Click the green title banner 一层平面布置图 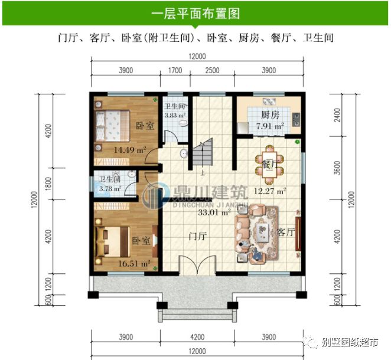pos(195,12)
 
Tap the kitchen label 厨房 pos(269,114)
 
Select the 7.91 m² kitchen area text pos(269,126)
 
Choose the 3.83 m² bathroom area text pos(175,115)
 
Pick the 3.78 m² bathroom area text pos(110,189)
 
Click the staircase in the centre pos(206,155)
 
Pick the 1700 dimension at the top pos(175,71)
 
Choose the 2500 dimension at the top pos(212,71)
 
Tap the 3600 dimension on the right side pos(337,167)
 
